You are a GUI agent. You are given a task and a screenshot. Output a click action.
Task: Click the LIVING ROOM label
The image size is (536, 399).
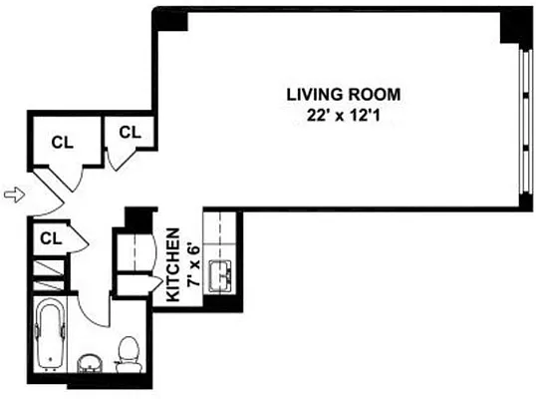click(343, 95)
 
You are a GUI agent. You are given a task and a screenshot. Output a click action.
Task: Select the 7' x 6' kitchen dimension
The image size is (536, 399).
click(190, 267)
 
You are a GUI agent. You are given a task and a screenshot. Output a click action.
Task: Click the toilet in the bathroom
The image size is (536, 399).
click(127, 350)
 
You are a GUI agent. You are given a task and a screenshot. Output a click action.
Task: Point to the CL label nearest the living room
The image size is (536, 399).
click(130, 132)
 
